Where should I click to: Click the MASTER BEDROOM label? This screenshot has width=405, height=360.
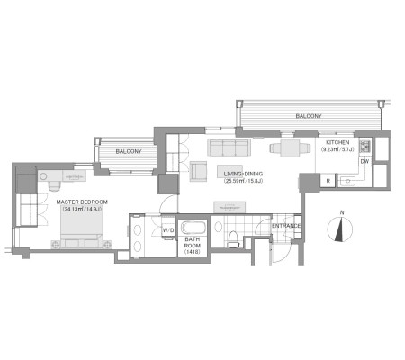(x=82, y=202)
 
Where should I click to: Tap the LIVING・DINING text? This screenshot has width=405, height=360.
(x=243, y=174)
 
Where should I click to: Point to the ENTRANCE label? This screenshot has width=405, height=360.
(x=286, y=226)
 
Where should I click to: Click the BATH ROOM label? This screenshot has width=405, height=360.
(x=193, y=242)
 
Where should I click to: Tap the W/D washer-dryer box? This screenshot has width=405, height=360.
(x=168, y=230)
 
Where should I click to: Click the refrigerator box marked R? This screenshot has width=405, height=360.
(x=328, y=181)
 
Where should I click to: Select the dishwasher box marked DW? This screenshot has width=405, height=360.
(x=364, y=162)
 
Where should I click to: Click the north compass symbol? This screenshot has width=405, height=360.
(x=339, y=229)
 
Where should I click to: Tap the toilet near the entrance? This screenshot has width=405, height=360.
(x=232, y=239)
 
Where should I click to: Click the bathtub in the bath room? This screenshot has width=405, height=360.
(x=193, y=228)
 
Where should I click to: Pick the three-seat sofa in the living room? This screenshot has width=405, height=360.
(x=229, y=148)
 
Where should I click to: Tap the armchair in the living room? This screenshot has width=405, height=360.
(x=198, y=171)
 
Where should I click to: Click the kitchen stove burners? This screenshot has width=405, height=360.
(x=364, y=147)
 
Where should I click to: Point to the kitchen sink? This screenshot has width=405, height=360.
(x=348, y=181)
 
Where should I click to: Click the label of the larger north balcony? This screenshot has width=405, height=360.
(x=309, y=116)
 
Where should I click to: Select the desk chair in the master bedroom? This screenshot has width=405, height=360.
(x=55, y=186)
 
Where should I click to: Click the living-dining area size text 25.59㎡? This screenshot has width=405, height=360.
(x=233, y=181)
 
